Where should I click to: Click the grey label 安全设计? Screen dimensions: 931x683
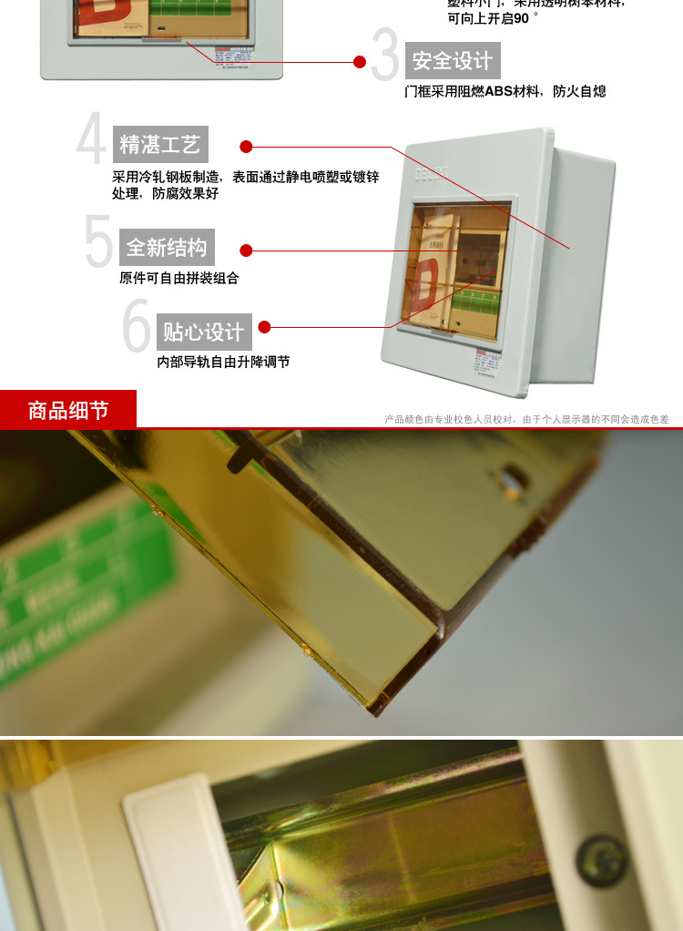(x=453, y=61)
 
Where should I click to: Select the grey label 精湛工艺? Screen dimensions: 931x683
(x=160, y=144)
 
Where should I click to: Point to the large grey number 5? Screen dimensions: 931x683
(x=98, y=242)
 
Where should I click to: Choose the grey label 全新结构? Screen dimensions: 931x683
(x=167, y=247)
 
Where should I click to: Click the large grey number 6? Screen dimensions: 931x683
(x=136, y=326)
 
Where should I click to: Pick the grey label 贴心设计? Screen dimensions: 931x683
(x=204, y=332)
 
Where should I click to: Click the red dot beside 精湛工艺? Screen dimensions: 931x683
(x=246, y=147)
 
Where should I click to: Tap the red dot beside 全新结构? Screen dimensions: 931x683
(x=246, y=251)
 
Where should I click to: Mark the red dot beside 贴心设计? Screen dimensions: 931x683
(x=264, y=327)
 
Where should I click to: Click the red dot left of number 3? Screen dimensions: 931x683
(x=360, y=62)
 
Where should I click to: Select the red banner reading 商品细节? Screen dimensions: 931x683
(x=68, y=410)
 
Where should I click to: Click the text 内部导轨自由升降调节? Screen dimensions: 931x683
(x=223, y=362)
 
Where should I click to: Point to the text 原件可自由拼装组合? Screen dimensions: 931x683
(x=178, y=278)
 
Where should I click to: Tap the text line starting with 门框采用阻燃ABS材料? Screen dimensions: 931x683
(x=505, y=91)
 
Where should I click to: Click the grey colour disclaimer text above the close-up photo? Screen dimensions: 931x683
(x=526, y=419)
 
